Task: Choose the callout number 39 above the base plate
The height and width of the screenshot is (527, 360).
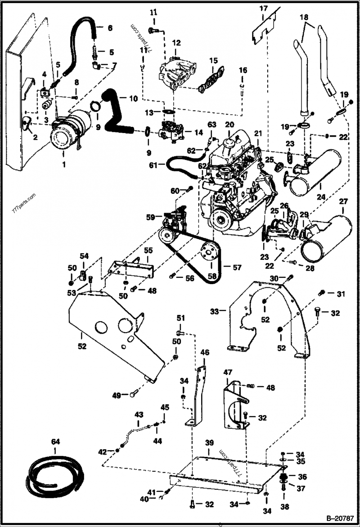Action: [209, 443]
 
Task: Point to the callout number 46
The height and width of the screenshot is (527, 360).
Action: [204, 353]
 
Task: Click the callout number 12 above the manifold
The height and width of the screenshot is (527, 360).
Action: [176, 43]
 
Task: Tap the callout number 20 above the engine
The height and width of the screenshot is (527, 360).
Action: [229, 124]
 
